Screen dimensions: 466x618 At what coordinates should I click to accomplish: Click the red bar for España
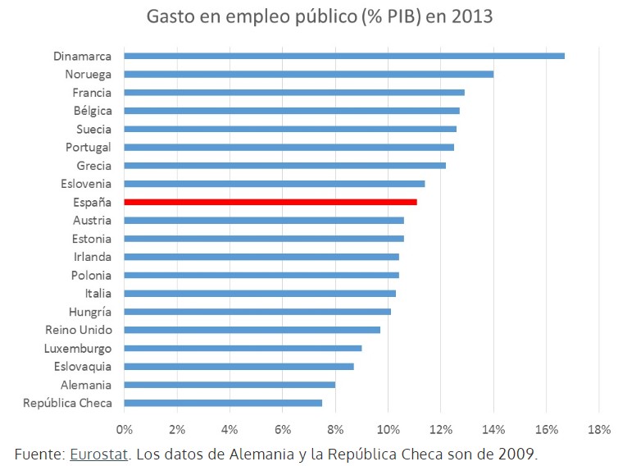click(x=270, y=202)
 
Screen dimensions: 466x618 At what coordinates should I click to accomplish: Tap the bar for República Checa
click(x=223, y=403)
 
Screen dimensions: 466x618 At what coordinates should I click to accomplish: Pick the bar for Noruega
click(x=308, y=74)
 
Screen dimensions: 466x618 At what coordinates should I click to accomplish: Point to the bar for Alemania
click(x=229, y=385)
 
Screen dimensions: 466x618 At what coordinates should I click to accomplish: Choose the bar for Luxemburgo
click(x=243, y=348)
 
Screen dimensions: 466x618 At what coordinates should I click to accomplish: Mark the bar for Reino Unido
click(x=252, y=330)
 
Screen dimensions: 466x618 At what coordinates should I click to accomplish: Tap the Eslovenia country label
click(x=86, y=184)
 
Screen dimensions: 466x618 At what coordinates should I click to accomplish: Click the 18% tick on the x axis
click(x=599, y=429)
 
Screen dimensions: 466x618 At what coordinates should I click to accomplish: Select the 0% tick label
click(x=125, y=429)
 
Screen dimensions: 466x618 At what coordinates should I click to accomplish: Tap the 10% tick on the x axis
click(x=388, y=429)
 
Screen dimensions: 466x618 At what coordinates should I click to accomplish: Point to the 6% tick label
click(x=283, y=429)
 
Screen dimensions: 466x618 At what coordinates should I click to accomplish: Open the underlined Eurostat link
click(x=99, y=453)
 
